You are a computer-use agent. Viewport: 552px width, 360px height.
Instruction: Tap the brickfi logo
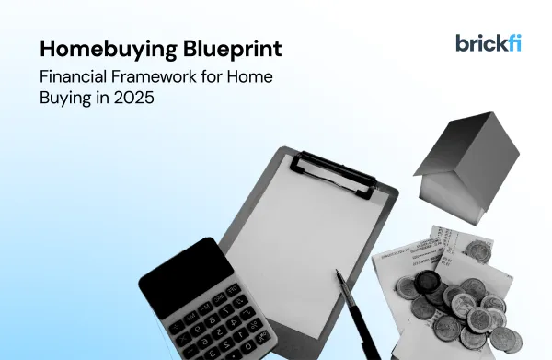click(x=488, y=42)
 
